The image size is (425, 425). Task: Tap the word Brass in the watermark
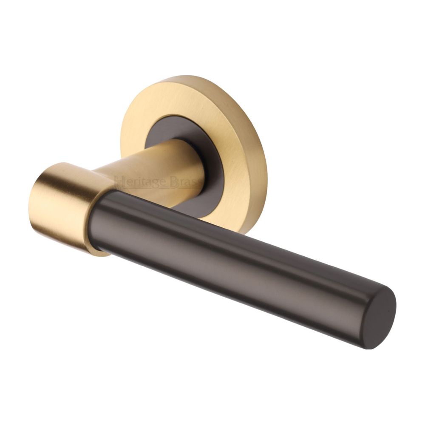[187, 183]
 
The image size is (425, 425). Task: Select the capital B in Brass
[174, 183]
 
